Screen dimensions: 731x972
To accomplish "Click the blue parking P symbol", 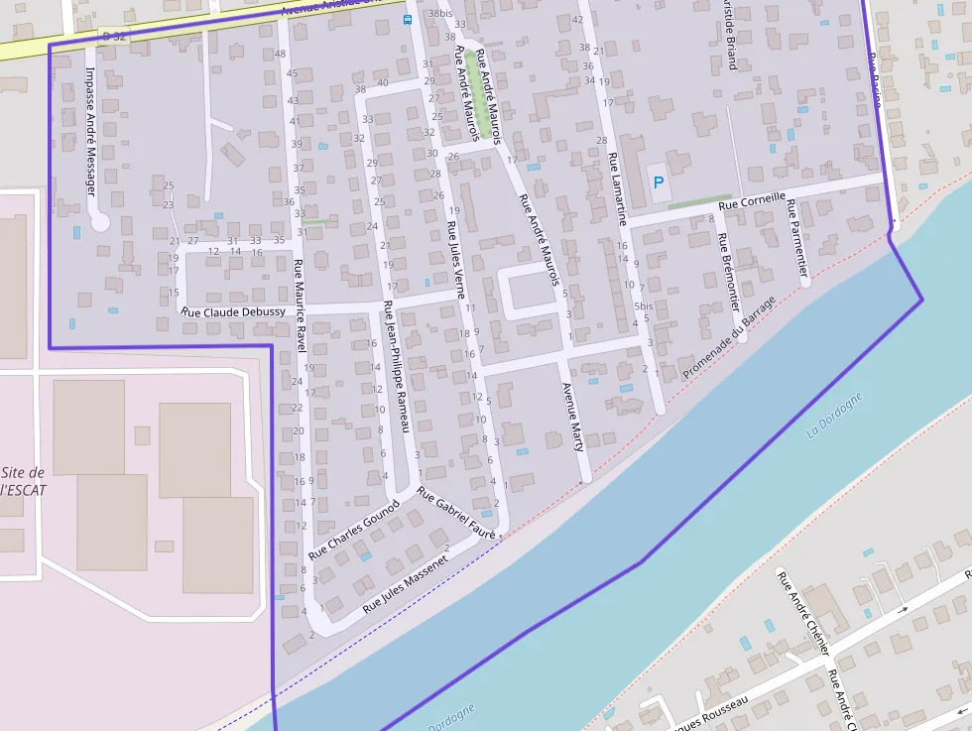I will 658,183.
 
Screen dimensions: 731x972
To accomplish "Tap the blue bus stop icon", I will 407,20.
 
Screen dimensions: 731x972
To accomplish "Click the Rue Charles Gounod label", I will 353,529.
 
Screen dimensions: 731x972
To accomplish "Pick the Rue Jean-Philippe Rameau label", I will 397,366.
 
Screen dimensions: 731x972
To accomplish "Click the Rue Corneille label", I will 752,199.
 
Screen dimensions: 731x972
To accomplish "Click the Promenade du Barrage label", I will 730,338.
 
